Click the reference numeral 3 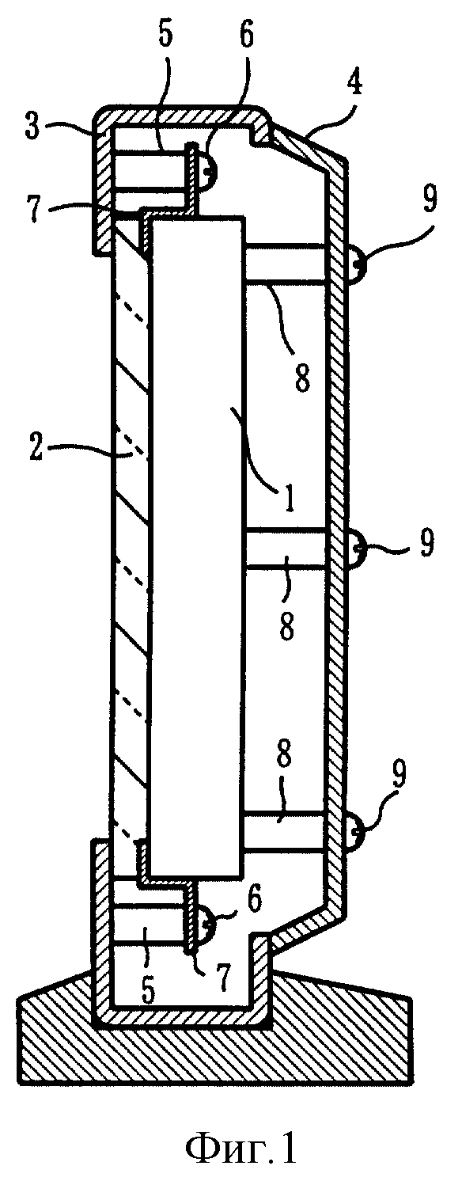tap(32, 129)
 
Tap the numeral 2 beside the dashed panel tap(36, 447)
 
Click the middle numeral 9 tap(426, 543)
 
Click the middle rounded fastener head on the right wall tap(355, 550)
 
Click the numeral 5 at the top tap(165, 36)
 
